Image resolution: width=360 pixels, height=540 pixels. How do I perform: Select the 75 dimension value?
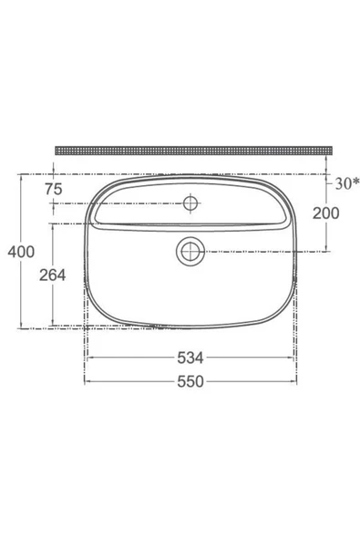coord(54,189)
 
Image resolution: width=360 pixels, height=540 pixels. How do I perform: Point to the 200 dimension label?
coord(325,213)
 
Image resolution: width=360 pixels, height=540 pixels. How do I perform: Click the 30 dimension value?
coord(340,183)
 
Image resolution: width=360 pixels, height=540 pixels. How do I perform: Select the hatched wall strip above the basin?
coord(192,148)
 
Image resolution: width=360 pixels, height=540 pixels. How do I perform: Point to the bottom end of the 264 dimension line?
coord(53,325)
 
